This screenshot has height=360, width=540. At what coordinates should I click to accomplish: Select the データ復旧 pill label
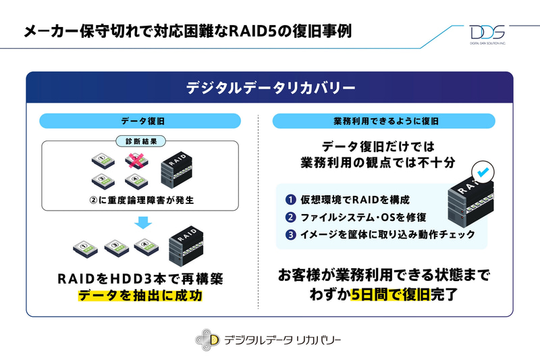(x=140, y=121)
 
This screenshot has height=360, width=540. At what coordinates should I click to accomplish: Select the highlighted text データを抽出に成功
(x=140, y=295)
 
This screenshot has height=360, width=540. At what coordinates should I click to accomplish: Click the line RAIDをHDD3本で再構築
(x=140, y=278)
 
